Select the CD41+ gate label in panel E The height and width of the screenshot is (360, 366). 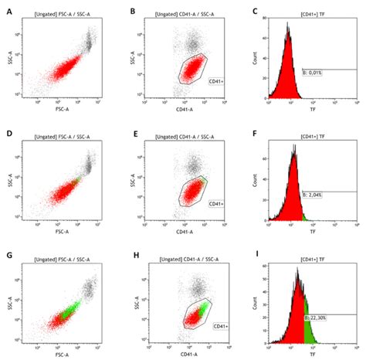click(217, 203)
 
